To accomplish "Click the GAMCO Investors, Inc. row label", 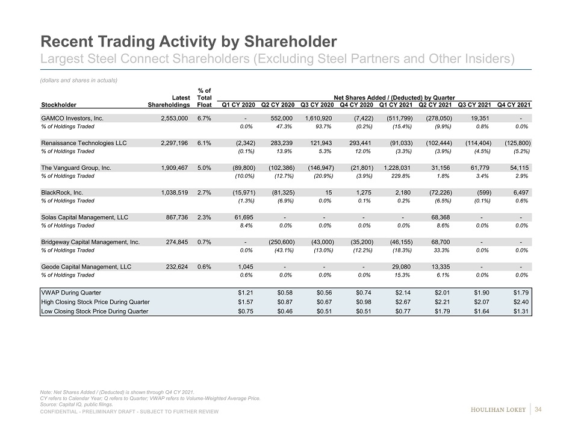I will (72, 118).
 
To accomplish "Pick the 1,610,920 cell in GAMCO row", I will (316, 118).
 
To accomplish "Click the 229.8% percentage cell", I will (396, 176).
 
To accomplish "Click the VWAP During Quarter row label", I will (71, 292).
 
